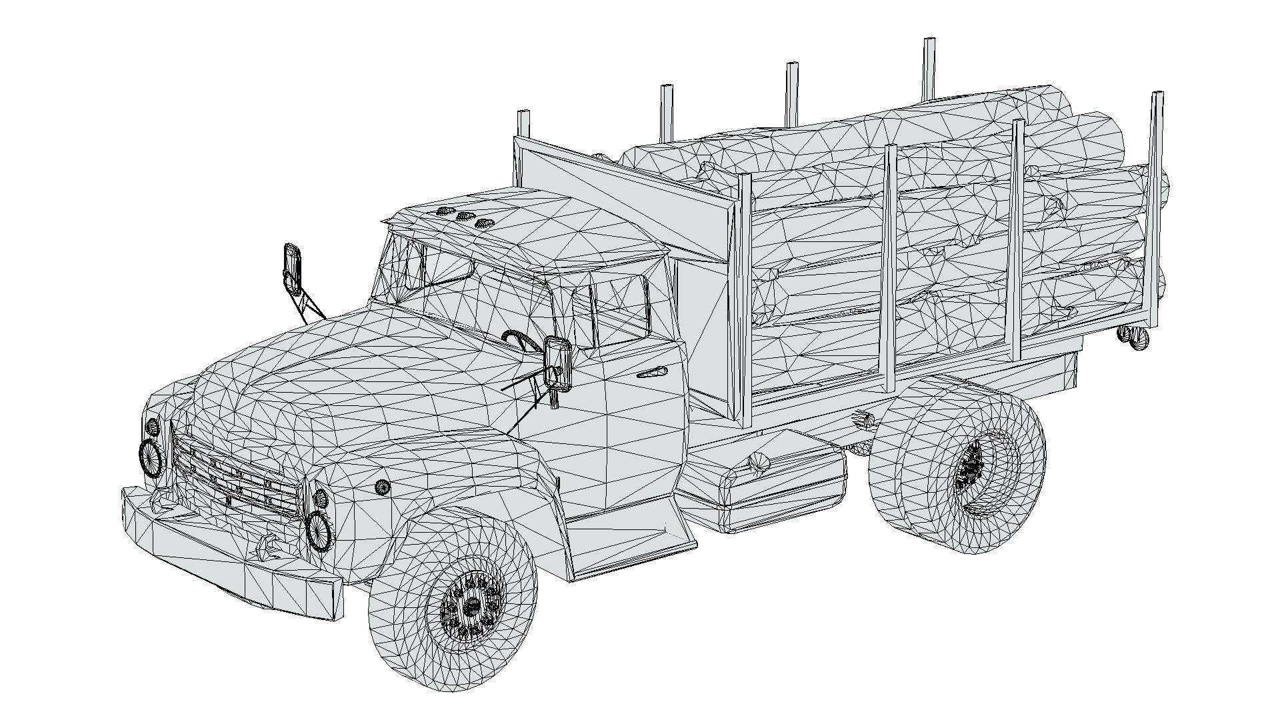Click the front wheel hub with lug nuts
(x=472, y=605)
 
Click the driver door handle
(x=651, y=372)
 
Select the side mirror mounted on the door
(x=557, y=363)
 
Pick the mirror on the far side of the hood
(x=291, y=267)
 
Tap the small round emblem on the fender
(x=382, y=487)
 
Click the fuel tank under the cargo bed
(x=767, y=480)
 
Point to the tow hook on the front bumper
(x=267, y=547)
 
